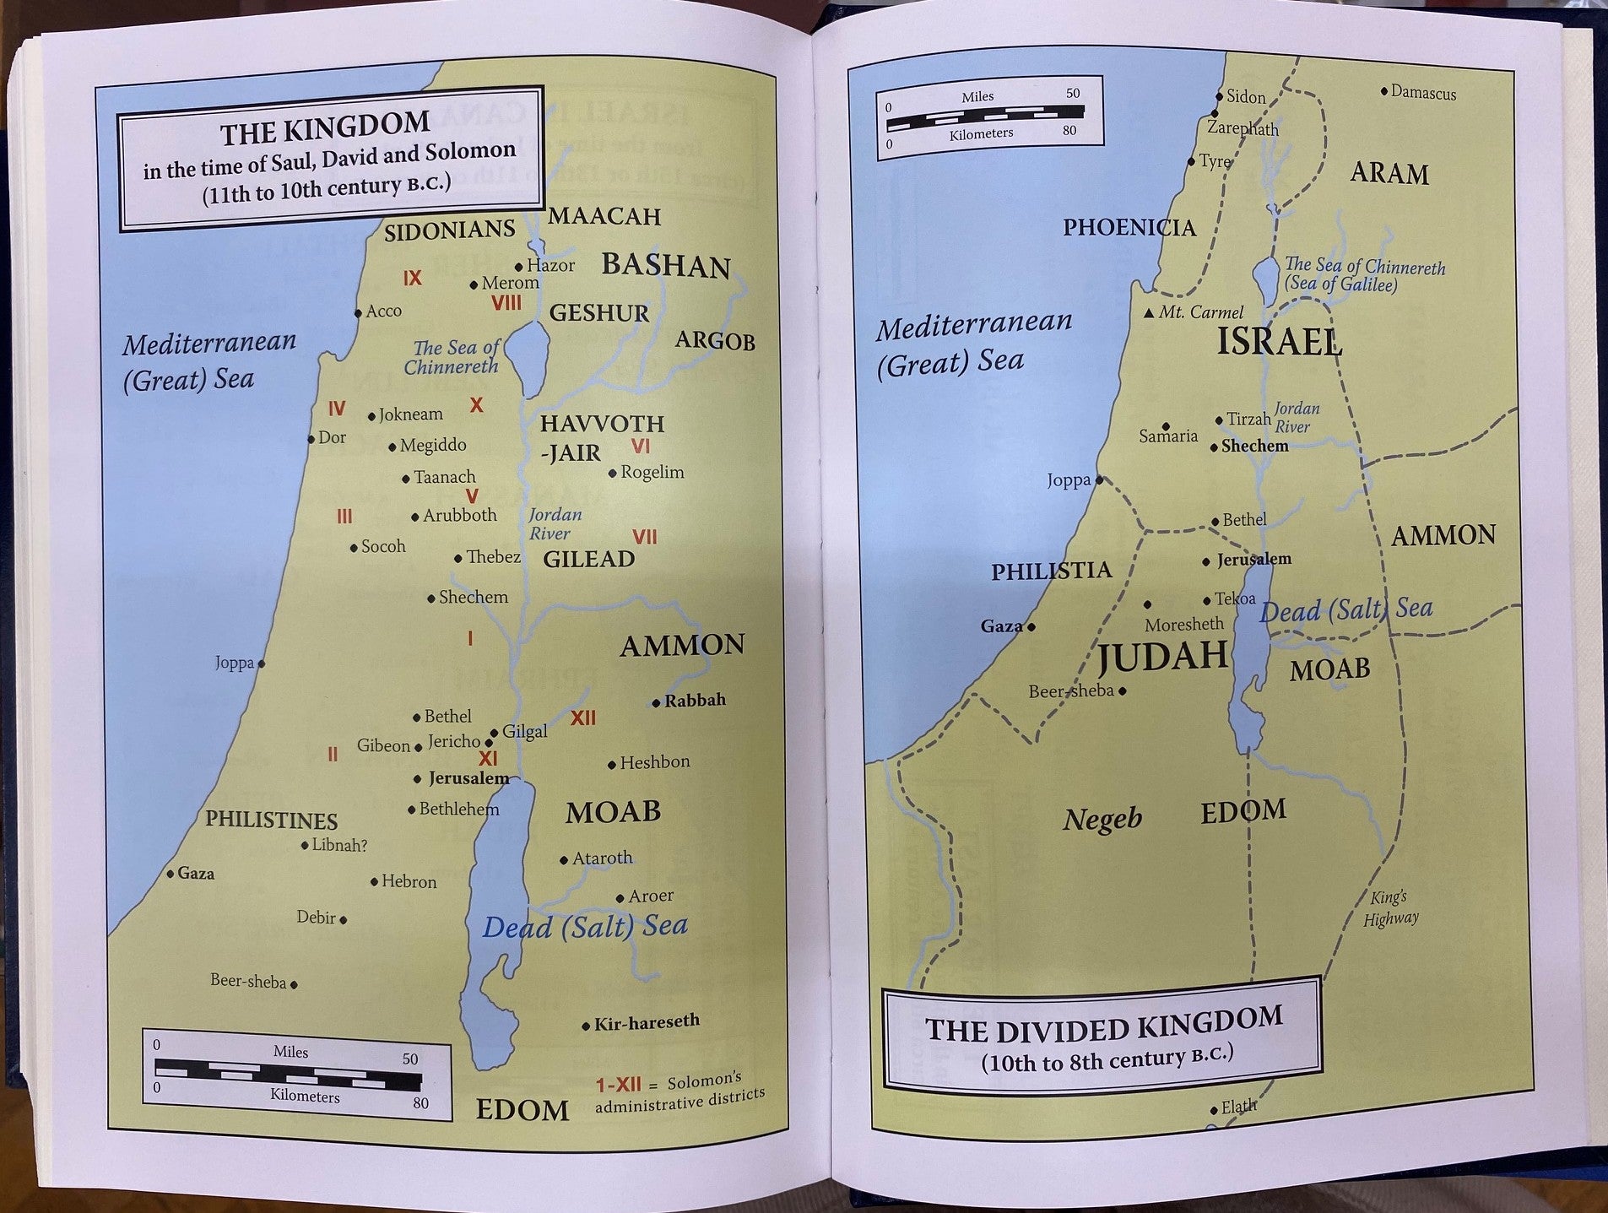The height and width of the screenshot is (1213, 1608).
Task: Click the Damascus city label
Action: coord(1423,93)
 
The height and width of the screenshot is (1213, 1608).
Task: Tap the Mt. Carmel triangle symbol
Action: coord(1149,313)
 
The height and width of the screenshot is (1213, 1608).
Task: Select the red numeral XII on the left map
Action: coord(582,718)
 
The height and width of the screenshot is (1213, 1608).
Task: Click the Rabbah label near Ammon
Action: coord(694,701)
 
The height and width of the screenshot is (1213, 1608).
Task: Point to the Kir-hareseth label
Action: coord(647,1023)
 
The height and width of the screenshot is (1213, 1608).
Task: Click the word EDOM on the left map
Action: coord(522,1110)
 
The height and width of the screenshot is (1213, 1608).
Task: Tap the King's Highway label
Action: coord(1390,908)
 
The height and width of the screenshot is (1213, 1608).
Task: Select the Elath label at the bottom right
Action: coord(1238,1107)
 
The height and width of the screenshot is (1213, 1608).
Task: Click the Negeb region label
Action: coord(1102,818)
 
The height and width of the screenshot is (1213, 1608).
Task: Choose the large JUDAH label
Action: coord(1162,656)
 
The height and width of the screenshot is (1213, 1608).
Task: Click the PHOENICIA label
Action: coord(1129,227)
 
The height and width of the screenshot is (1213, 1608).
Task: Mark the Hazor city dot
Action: coord(519,268)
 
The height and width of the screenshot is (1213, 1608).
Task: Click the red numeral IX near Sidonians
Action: coord(412,279)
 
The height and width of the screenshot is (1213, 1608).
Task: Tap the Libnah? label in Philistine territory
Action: coord(339,845)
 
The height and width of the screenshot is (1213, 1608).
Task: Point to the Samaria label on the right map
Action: coord(1168,436)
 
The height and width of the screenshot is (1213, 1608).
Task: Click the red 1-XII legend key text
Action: coord(618,1086)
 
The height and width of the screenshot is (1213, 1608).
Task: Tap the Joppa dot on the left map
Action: coord(261,664)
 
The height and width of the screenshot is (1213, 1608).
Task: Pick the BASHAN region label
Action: coord(665,266)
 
